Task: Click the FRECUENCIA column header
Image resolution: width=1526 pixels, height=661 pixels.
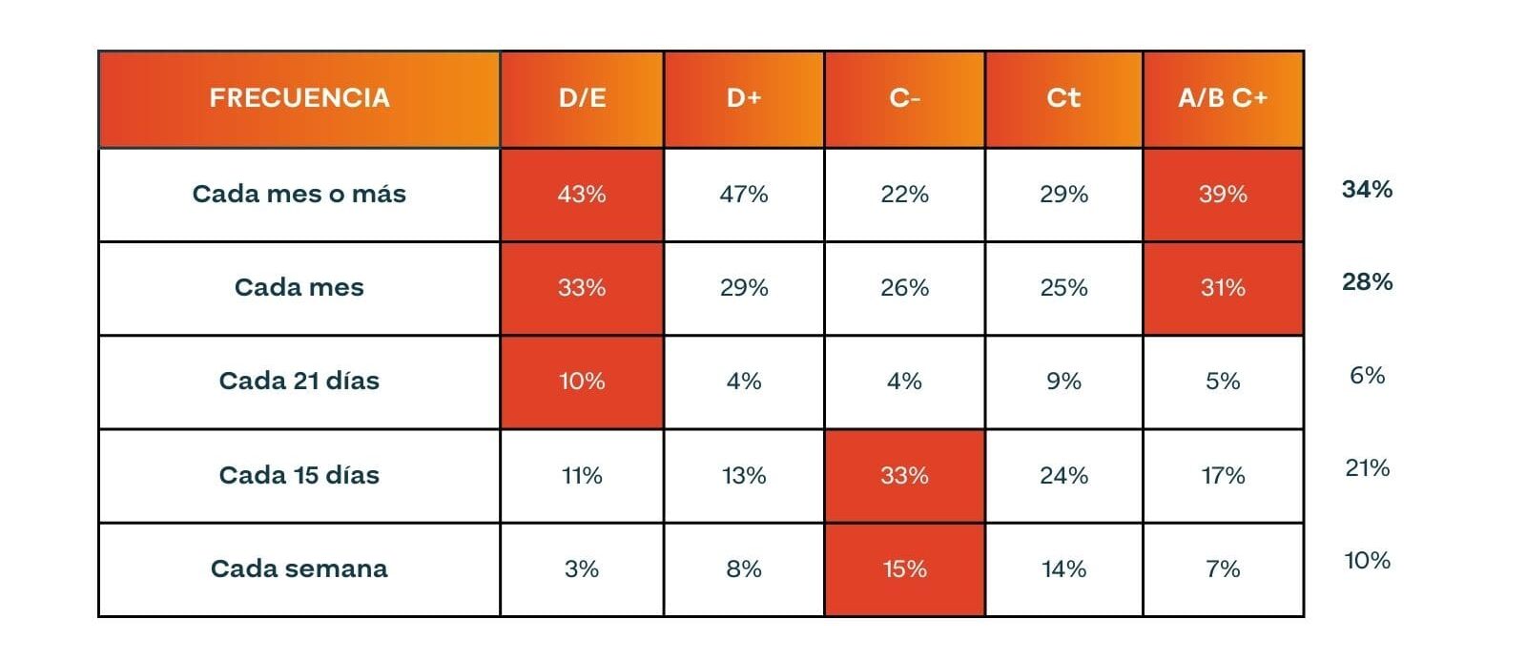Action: click(299, 99)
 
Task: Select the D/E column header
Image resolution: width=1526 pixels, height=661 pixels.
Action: click(583, 99)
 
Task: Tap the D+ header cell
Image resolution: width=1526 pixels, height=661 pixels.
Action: click(744, 99)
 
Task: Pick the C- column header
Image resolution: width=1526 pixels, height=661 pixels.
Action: click(905, 99)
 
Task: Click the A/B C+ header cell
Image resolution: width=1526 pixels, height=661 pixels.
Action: click(1224, 99)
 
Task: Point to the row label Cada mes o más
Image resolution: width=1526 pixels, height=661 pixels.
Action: click(299, 195)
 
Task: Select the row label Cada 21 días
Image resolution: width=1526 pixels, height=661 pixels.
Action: click(299, 381)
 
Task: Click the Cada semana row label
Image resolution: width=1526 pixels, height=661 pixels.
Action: click(299, 569)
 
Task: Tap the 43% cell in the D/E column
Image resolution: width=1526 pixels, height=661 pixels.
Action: click(582, 195)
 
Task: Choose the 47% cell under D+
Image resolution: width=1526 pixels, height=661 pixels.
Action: click(744, 195)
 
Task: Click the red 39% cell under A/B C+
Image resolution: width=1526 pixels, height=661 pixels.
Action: click(1224, 195)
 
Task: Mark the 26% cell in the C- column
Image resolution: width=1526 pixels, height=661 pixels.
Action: click(905, 288)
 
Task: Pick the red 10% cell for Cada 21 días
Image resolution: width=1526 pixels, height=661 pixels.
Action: click(582, 382)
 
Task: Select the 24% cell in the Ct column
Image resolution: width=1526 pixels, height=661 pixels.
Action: click(1064, 476)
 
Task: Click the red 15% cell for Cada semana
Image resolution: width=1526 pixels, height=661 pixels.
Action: click(905, 569)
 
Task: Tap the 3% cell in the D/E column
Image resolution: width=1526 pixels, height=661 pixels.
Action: click(582, 569)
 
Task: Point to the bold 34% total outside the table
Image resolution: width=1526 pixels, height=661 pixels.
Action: click(1368, 190)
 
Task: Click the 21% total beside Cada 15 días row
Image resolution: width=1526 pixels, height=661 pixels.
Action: click(1368, 468)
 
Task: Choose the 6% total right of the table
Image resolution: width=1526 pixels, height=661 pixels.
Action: click(1368, 376)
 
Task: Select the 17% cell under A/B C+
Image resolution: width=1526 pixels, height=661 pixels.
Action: click(1224, 476)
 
